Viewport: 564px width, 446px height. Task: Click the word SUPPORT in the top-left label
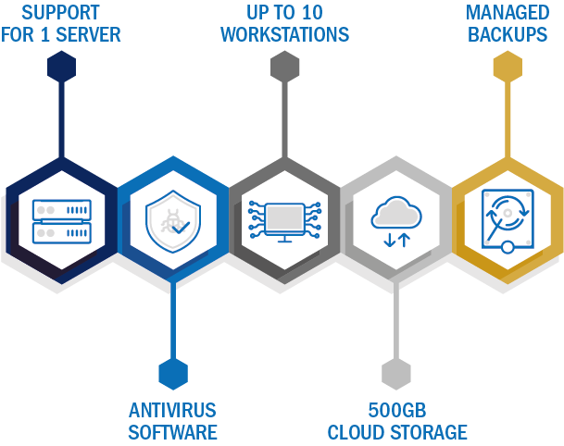tap(60, 13)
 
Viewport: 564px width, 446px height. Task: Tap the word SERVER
tap(88, 35)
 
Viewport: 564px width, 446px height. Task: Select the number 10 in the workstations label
tap(312, 13)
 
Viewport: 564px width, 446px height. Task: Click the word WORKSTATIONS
tap(284, 35)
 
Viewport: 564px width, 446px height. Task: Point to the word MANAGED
tap(508, 13)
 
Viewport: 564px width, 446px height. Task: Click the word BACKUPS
tap(508, 35)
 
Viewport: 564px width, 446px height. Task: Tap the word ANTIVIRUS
tap(172, 411)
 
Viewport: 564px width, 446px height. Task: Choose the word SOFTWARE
tap(172, 432)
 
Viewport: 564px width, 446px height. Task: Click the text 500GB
tap(397, 411)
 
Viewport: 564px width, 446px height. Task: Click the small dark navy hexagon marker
tap(61, 67)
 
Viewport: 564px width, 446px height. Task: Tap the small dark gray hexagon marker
tap(285, 67)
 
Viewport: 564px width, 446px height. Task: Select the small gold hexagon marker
tap(508, 67)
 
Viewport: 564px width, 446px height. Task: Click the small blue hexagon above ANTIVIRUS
tap(173, 374)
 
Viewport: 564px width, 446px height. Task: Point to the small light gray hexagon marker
tap(396, 374)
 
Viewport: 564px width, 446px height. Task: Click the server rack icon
tap(62, 222)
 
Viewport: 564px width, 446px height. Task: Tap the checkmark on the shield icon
tap(181, 228)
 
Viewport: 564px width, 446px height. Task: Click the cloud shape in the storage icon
tap(396, 213)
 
